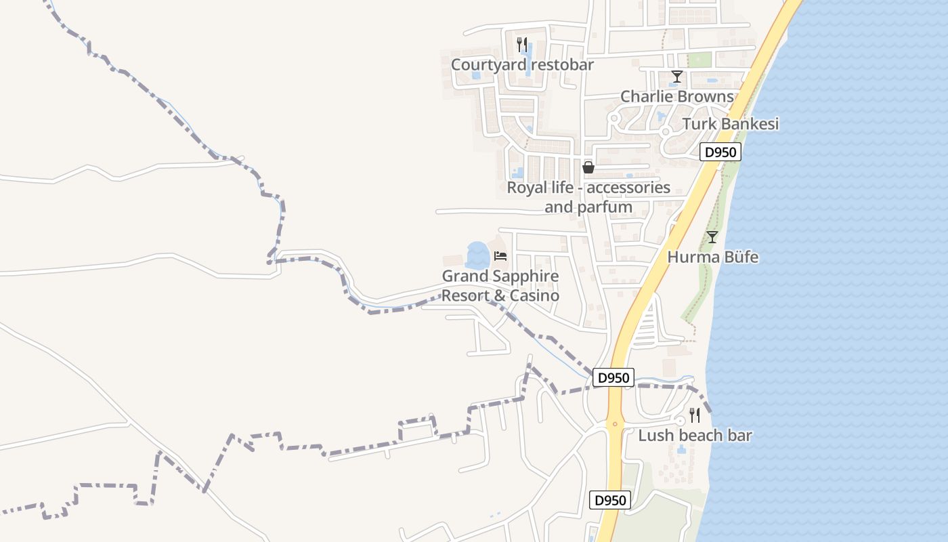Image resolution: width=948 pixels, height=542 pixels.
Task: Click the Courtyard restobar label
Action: point(522,65)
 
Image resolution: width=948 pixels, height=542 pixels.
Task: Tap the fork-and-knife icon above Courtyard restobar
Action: point(521,45)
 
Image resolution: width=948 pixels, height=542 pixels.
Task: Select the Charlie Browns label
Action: point(677,97)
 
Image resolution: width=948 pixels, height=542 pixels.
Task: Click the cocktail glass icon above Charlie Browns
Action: point(676,77)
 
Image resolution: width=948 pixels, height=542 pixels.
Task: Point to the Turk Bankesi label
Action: point(730,124)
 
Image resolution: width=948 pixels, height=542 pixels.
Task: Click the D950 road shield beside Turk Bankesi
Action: point(720,152)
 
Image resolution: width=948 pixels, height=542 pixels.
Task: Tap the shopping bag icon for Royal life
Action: point(588,167)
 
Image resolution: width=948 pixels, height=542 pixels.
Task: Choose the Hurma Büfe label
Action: point(712,257)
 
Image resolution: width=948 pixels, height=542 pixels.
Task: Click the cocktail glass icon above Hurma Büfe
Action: point(712,237)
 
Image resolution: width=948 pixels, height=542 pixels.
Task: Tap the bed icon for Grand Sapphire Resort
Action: point(500,256)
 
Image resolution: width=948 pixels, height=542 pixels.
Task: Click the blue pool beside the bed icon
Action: point(477,255)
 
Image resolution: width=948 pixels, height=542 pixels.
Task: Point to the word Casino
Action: point(534,296)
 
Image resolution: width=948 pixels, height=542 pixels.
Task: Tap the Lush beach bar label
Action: point(695,436)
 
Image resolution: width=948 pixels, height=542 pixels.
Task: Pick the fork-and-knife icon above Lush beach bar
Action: point(694,415)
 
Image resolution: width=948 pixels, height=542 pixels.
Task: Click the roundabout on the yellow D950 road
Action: point(615,425)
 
